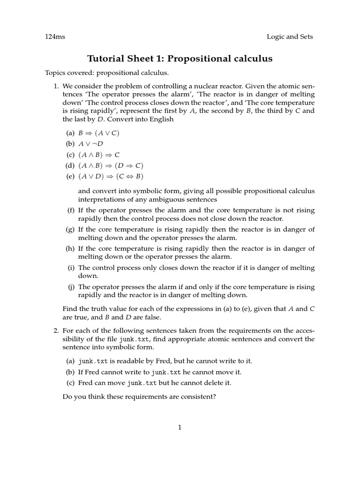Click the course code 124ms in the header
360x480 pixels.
[x=55, y=37]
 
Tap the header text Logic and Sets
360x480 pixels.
[x=290, y=37]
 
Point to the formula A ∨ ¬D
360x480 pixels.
[x=90, y=144]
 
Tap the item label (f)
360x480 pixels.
[x=71, y=210]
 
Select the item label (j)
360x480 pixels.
[x=71, y=287]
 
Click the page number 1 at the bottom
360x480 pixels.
[x=180, y=427]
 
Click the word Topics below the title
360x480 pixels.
[x=55, y=73]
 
